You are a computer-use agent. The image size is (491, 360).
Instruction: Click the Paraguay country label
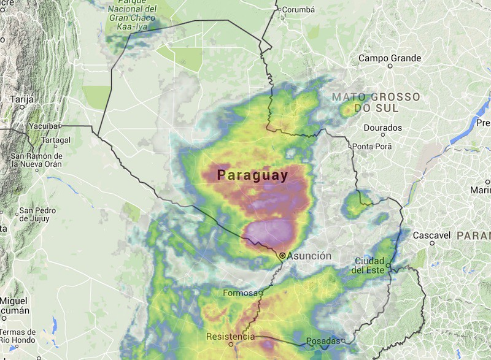point(252,175)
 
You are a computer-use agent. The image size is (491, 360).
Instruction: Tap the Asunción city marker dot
point(282,255)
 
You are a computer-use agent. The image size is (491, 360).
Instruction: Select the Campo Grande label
point(390,59)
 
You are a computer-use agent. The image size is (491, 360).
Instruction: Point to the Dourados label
point(382,128)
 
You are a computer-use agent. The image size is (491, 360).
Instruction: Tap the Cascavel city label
point(431,235)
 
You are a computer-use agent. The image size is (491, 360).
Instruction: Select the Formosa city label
point(240,293)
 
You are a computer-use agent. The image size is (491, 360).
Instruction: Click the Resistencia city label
point(230,337)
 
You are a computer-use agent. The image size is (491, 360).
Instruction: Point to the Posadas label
point(323,340)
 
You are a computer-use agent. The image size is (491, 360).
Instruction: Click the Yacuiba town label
point(44,126)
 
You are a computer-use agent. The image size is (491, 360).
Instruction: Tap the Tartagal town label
point(56,140)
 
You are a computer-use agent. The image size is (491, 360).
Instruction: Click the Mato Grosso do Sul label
point(376,102)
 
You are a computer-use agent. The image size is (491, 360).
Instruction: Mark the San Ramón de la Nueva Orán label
point(37,160)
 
